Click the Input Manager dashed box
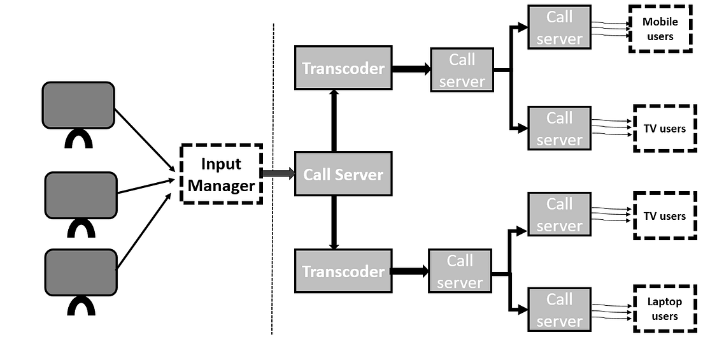(221, 174)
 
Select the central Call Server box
(343, 174)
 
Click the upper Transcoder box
(343, 68)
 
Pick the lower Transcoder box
(343, 271)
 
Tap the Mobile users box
(660, 29)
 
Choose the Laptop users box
(664, 309)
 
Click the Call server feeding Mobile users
(559, 27)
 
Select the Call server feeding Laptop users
(559, 310)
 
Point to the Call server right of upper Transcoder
(462, 70)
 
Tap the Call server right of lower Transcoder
(460, 271)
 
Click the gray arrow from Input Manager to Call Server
(278, 173)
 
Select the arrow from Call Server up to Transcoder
(333, 121)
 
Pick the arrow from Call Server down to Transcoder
(333, 223)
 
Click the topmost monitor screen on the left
(78, 105)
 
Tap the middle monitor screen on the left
(81, 195)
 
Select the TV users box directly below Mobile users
(664, 129)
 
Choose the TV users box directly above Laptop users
(664, 216)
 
